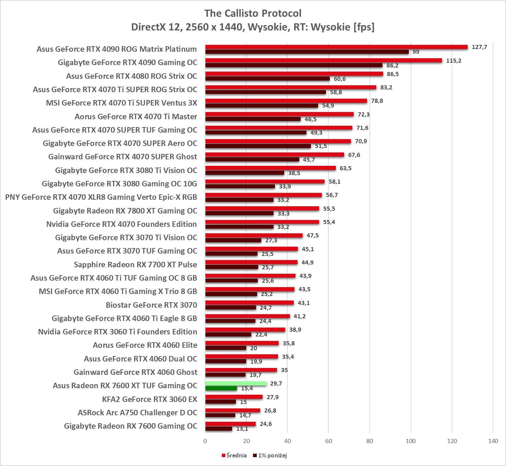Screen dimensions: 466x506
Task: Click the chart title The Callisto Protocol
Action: pos(253,13)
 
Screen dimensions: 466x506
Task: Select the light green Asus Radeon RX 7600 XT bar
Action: pos(236,383)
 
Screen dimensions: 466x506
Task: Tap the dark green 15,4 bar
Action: pos(221,388)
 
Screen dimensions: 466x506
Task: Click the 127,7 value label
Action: pos(479,47)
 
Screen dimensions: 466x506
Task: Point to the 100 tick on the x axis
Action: pos(410,441)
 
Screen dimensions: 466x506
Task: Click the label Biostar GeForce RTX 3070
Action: pos(151,305)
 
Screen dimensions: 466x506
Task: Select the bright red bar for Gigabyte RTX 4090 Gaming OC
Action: pos(324,61)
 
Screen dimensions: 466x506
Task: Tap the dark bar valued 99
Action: pos(307,52)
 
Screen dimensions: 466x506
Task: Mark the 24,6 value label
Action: pos(266,424)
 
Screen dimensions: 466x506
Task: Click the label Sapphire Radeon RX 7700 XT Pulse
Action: pos(136,265)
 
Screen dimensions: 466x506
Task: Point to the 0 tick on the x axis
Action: pos(205,441)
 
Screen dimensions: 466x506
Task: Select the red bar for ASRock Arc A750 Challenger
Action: pos(233,410)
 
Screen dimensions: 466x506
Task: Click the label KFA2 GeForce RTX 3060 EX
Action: pos(150,399)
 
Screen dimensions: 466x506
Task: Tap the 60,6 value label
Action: pos(340,79)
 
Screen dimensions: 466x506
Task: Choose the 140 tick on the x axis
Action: pos(493,441)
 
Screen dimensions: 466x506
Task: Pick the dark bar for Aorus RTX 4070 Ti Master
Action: pos(253,119)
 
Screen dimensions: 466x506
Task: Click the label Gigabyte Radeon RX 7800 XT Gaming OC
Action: pos(125,211)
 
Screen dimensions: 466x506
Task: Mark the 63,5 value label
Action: pos(345,168)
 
